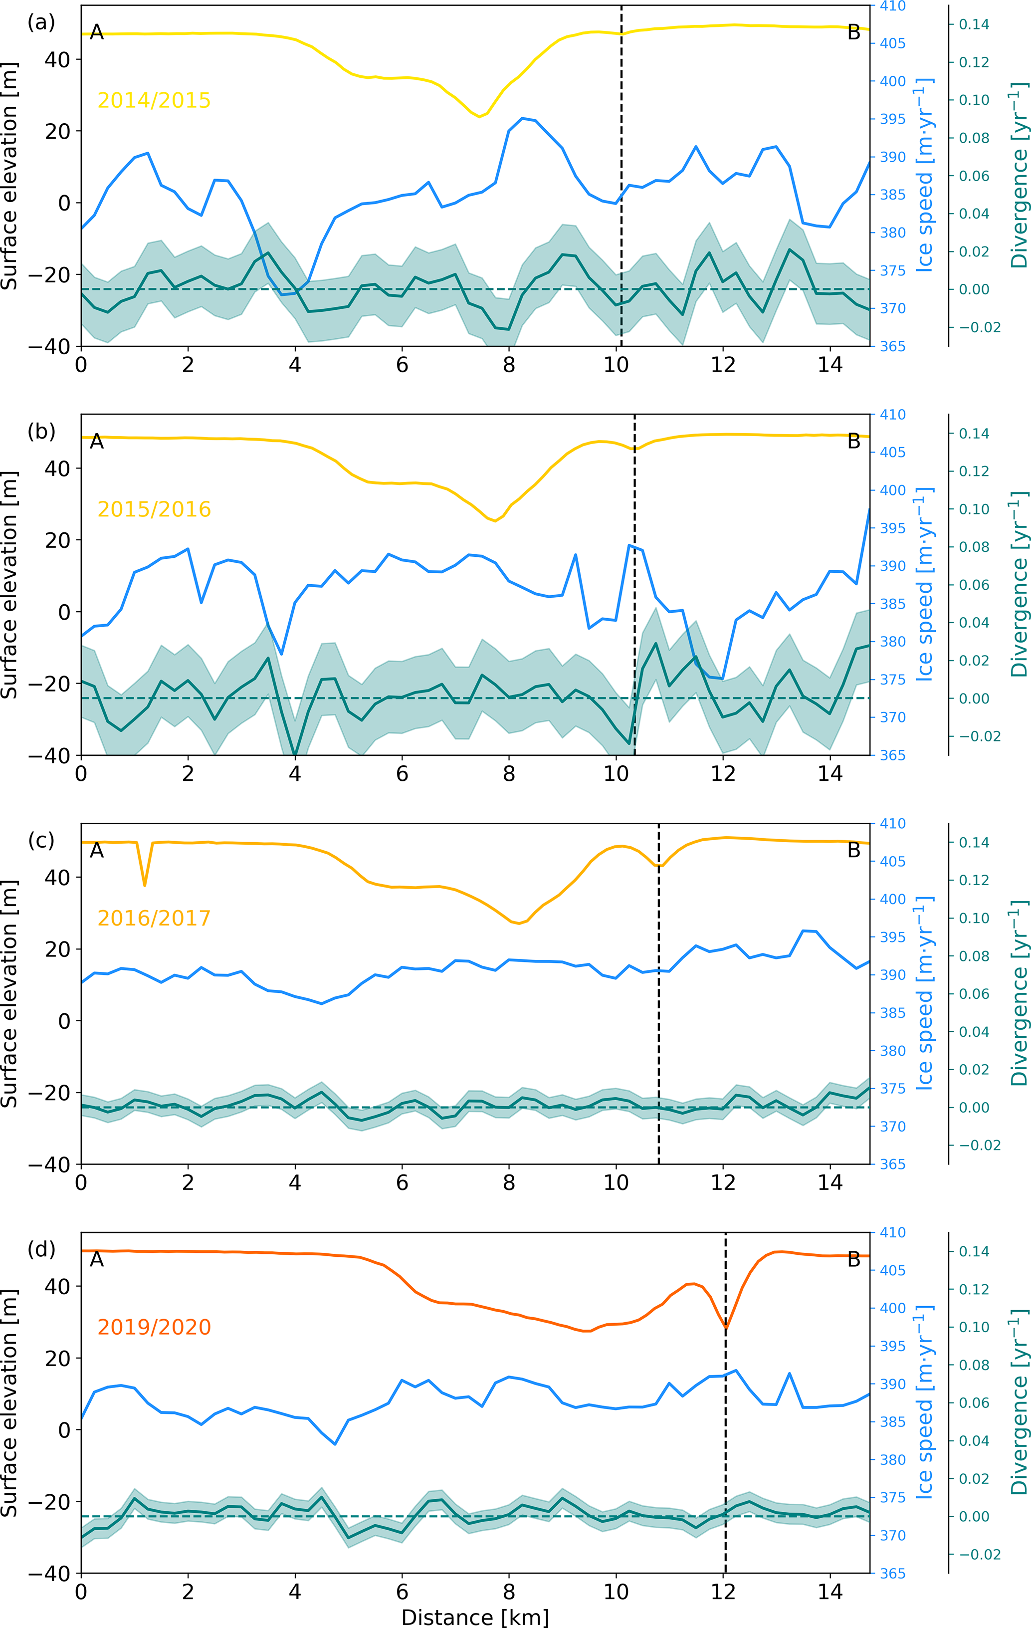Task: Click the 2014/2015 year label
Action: (x=154, y=100)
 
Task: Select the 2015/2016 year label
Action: (x=154, y=509)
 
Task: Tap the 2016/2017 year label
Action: (x=154, y=918)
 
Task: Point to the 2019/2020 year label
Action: (x=154, y=1327)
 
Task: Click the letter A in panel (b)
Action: (x=97, y=442)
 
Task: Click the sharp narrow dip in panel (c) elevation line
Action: (x=144, y=884)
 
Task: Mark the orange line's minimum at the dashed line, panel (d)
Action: (x=725, y=1328)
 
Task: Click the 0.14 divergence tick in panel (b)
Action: (x=974, y=434)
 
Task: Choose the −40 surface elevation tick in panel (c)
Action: (x=49, y=1164)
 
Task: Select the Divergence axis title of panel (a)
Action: (x=1018, y=176)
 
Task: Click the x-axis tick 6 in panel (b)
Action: (x=402, y=773)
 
